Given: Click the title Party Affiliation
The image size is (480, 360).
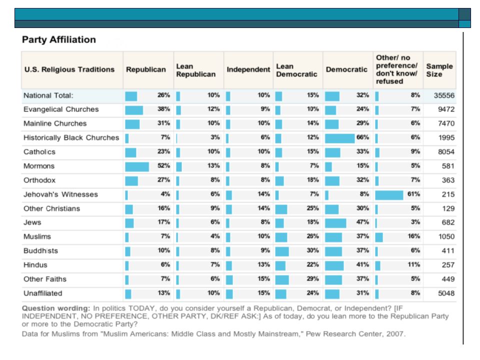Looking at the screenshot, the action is pyautogui.click(x=59, y=39).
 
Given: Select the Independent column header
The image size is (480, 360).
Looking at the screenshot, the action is pyautogui.click(x=248, y=69).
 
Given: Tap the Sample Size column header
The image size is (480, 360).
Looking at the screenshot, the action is pyautogui.click(x=439, y=70).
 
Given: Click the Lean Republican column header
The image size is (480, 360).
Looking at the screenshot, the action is pyautogui.click(x=196, y=70).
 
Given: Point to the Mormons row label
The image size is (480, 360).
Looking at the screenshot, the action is pyautogui.click(x=39, y=166).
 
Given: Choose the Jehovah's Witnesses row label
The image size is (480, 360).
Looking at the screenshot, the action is pyautogui.click(x=60, y=194).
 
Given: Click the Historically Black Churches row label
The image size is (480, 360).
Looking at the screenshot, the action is pyautogui.click(x=71, y=138).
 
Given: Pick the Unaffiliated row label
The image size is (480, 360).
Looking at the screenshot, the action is pyautogui.click(x=43, y=293).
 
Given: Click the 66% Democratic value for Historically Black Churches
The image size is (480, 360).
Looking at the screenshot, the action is pyautogui.click(x=363, y=137).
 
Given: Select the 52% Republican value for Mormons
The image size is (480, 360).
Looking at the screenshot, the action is pyautogui.click(x=164, y=165).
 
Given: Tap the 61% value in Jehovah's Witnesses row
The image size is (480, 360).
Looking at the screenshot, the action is pyautogui.click(x=413, y=194).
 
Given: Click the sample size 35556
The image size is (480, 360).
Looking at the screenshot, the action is pyautogui.click(x=444, y=95).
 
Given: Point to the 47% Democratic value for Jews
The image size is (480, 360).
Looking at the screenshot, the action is pyautogui.click(x=363, y=222).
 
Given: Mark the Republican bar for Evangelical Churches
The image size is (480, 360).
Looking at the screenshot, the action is pyautogui.click(x=134, y=110).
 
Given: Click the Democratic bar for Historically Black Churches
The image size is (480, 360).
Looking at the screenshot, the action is pyautogui.click(x=340, y=138).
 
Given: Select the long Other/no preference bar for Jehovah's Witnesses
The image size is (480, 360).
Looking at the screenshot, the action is pyautogui.click(x=389, y=195).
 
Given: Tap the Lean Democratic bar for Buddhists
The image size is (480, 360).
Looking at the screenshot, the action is pyautogui.click(x=282, y=251).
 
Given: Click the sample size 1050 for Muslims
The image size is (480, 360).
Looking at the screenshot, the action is pyautogui.click(x=446, y=236).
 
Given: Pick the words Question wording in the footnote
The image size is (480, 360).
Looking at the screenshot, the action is pyautogui.click(x=56, y=308).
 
